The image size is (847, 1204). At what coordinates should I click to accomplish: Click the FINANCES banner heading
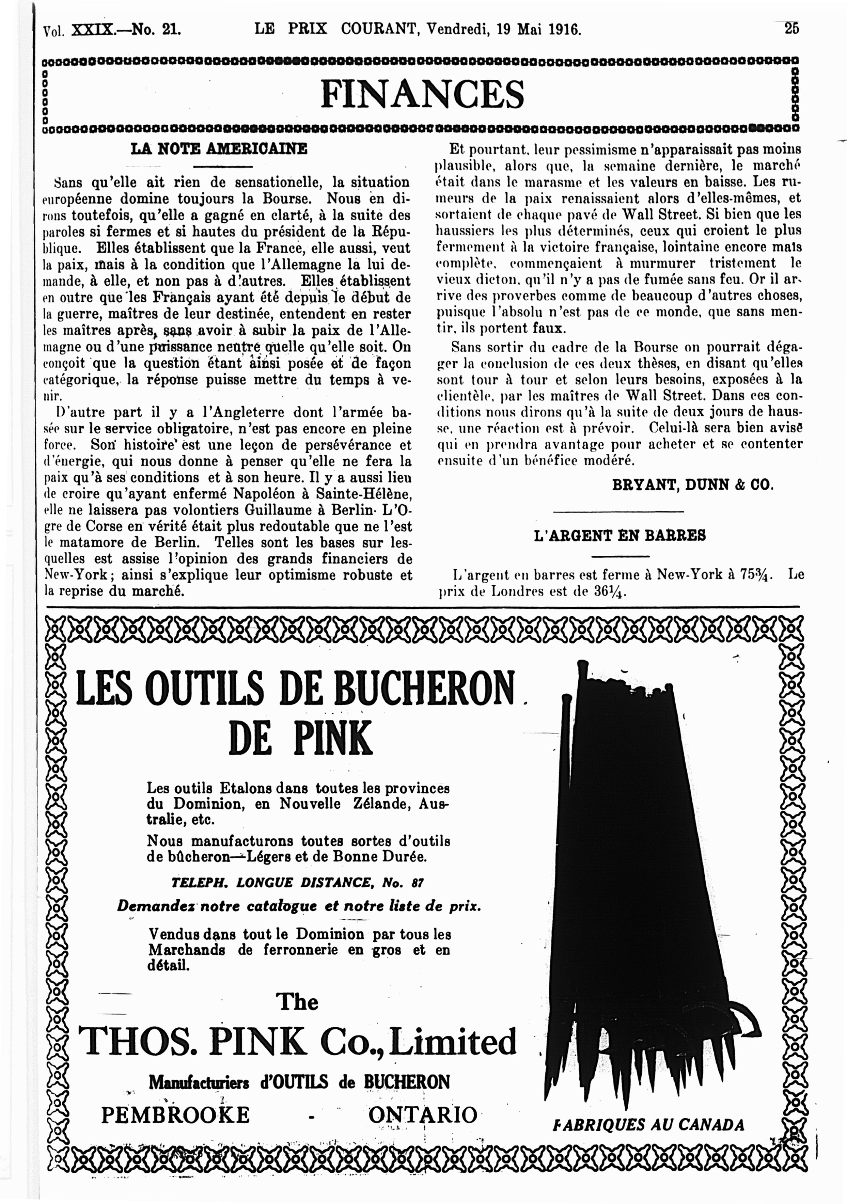422,94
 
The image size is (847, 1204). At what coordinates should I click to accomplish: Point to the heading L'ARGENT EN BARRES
619,535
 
